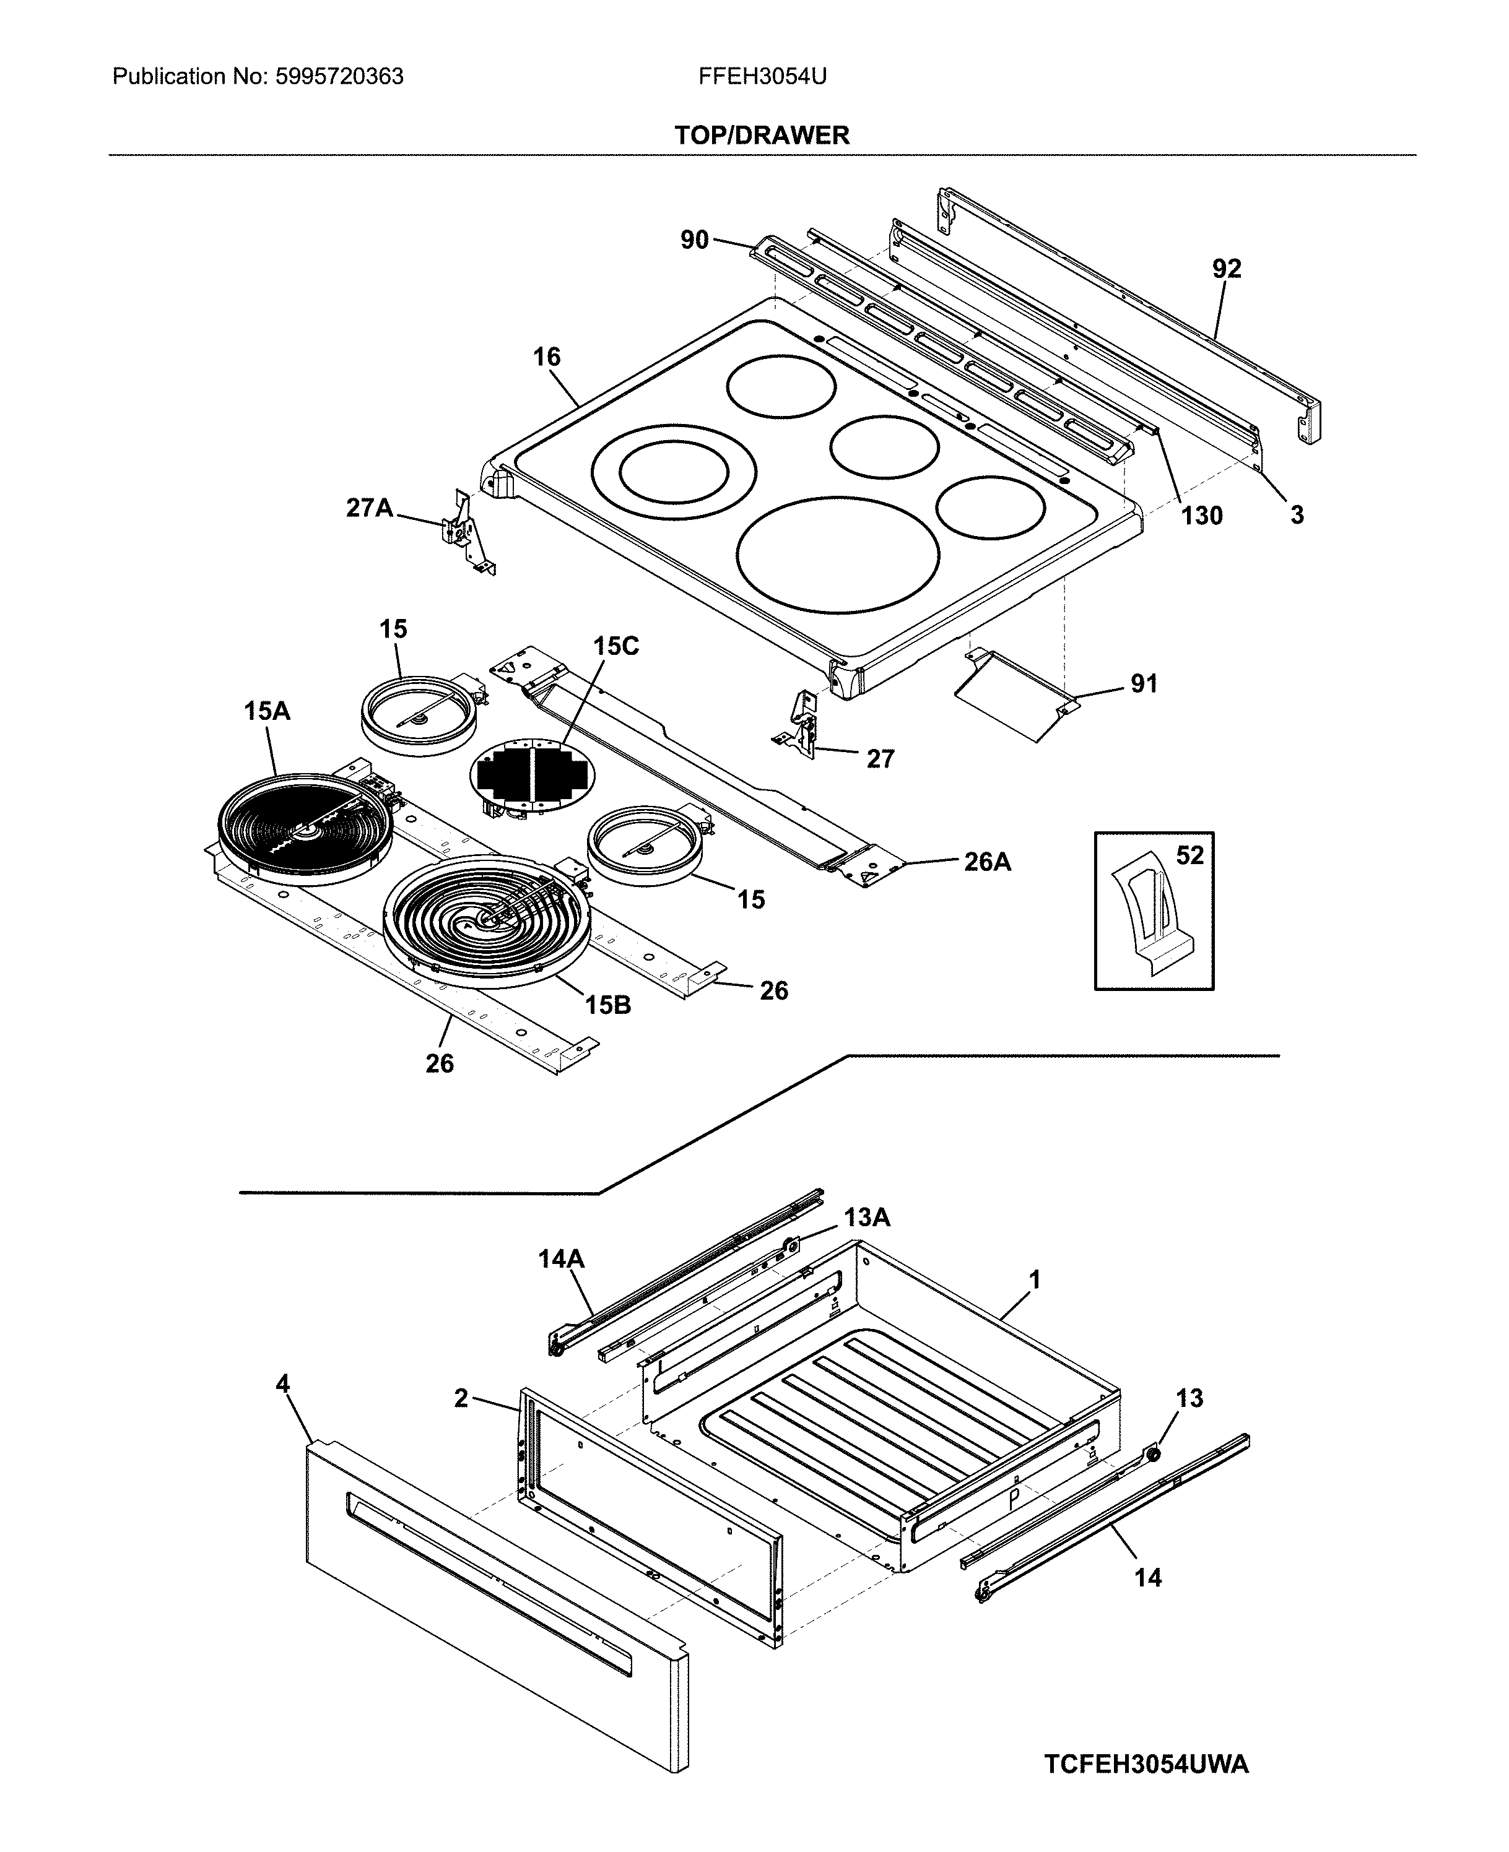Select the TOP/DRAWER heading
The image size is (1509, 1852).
(762, 135)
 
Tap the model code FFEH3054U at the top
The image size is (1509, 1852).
(762, 77)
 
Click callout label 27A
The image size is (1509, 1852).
(370, 508)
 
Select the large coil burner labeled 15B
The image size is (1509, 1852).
(487, 921)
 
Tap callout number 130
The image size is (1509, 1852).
(1201, 516)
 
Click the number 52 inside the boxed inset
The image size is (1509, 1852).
(1190, 855)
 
